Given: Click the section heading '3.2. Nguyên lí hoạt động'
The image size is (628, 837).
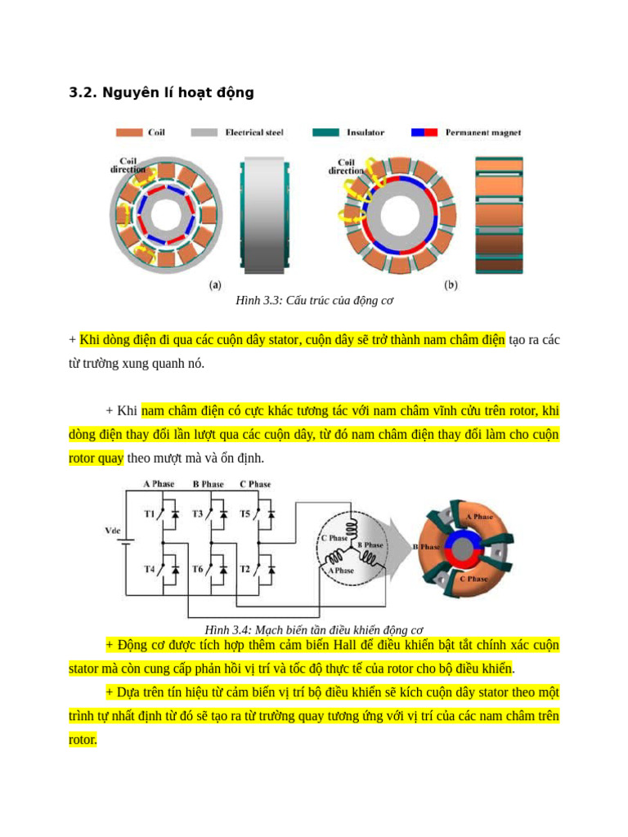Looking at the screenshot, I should [161, 93].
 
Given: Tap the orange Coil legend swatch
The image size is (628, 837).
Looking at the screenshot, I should [131, 132].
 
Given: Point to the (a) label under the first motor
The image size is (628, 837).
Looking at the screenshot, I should [215, 285].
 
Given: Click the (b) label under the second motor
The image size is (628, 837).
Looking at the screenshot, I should [451, 285].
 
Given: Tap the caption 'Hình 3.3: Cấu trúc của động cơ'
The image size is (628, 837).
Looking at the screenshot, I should [314, 301].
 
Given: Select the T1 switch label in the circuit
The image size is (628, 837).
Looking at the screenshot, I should [150, 514].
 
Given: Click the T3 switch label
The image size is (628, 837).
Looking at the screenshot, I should [198, 514].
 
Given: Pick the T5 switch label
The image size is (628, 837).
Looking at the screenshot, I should [245, 514].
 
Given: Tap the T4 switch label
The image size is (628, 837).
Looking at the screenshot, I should [150, 569].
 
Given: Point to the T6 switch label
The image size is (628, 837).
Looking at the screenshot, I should [198, 569].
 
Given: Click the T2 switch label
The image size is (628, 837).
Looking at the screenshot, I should [245, 569].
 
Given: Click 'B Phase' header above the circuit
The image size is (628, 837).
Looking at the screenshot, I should [208, 485].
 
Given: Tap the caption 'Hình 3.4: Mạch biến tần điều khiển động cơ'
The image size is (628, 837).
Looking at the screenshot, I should [314, 630].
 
